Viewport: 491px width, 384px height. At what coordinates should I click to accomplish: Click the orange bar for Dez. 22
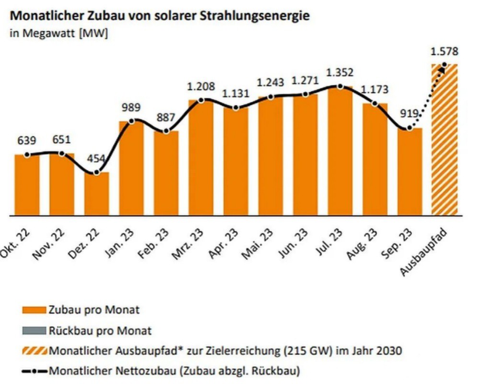point(97,194)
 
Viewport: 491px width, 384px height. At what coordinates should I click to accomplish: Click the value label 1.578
point(444,51)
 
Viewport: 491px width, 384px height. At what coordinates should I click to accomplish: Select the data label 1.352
point(339,73)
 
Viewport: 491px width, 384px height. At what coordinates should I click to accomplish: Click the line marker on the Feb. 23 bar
point(166,131)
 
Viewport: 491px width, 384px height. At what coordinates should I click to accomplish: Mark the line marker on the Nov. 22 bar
point(62,153)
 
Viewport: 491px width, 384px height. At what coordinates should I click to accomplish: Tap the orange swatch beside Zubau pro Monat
point(35,310)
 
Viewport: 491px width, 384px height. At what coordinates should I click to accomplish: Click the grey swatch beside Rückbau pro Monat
point(35,331)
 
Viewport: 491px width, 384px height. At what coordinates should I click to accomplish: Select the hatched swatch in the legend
point(35,351)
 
